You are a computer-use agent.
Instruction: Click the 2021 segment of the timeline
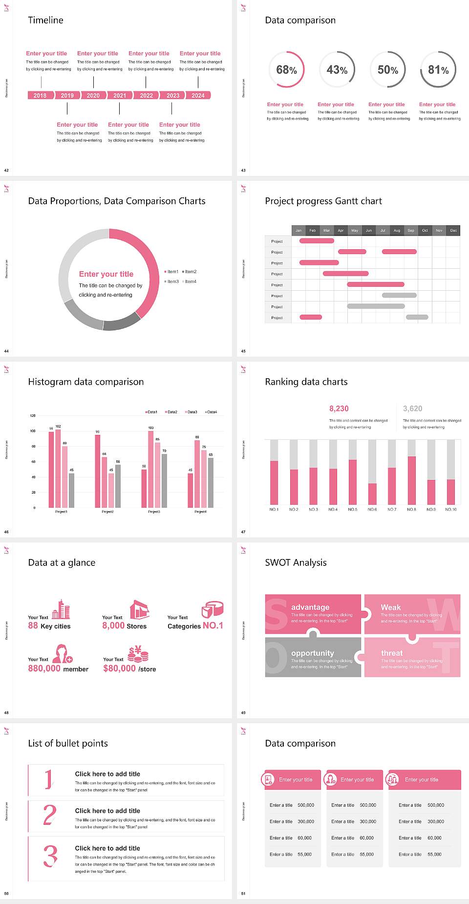(x=120, y=96)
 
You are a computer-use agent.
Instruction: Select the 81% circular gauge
(x=438, y=70)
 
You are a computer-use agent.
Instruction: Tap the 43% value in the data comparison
(x=337, y=70)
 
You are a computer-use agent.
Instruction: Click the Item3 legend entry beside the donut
(x=171, y=282)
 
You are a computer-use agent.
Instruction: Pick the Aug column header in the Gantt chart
(x=397, y=230)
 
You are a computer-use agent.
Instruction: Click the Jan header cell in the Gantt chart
(x=298, y=230)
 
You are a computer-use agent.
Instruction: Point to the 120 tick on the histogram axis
(x=33, y=416)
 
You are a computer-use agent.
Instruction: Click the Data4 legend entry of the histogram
(x=211, y=412)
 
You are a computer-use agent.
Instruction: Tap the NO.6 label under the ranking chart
(x=372, y=510)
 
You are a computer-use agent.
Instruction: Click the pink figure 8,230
(x=339, y=409)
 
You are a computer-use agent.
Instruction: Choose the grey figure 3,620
(x=412, y=409)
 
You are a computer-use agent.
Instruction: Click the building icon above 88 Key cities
(x=61, y=610)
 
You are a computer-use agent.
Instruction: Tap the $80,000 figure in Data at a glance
(x=119, y=668)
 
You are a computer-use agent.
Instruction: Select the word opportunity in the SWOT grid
(x=313, y=653)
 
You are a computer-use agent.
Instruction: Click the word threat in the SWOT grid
(x=392, y=653)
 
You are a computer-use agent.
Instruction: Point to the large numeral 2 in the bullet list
(x=49, y=815)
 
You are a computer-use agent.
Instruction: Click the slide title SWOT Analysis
(x=296, y=562)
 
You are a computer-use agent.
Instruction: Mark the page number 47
(x=243, y=532)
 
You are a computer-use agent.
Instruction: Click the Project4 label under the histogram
(x=200, y=512)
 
